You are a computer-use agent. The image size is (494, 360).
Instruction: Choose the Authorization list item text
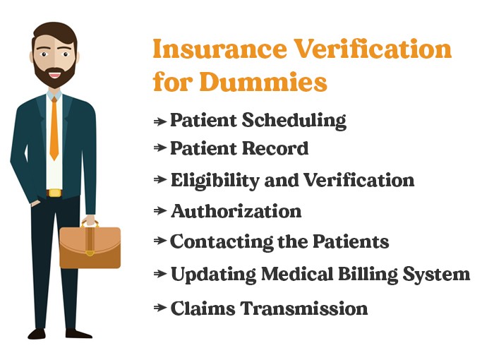pos(236,211)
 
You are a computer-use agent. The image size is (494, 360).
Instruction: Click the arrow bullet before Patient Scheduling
pos(160,121)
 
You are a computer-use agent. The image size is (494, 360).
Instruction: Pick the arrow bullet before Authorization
pos(160,211)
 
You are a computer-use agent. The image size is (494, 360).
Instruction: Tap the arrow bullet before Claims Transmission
pos(160,308)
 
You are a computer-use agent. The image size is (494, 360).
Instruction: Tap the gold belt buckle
pos(54,193)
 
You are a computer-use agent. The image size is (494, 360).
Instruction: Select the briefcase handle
pos(90,223)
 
